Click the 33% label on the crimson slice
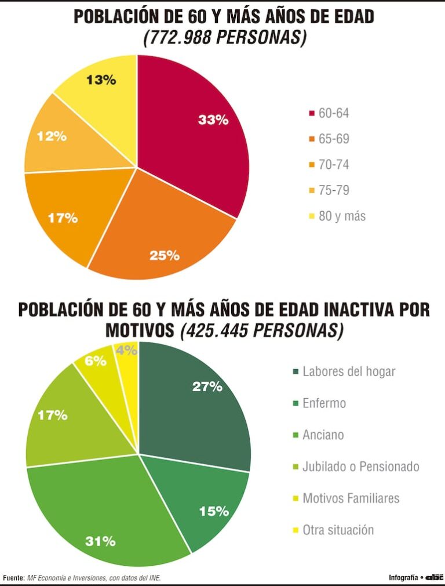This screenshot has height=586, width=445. [213, 120]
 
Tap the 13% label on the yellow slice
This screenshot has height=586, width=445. [101, 80]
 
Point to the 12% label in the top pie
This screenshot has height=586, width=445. [52, 137]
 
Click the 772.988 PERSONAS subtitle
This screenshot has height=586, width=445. [224, 38]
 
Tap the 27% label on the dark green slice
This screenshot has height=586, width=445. [207, 386]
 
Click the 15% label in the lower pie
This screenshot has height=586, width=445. [214, 511]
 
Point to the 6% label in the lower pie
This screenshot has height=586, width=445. [96, 361]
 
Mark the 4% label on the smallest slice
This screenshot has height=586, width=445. [126, 350]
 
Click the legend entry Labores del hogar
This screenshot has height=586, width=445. [348, 371]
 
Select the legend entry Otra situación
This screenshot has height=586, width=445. [338, 530]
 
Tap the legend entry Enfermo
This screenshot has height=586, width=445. [323, 403]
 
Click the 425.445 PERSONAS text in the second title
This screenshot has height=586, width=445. [262, 331]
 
